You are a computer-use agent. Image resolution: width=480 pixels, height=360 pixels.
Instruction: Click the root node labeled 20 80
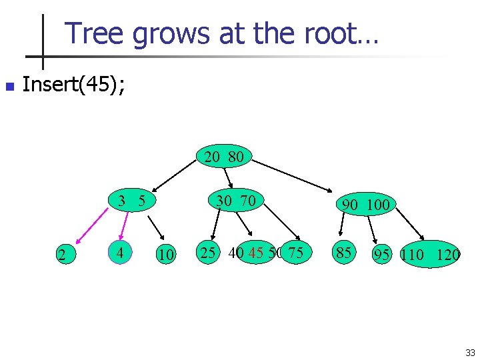point(224,157)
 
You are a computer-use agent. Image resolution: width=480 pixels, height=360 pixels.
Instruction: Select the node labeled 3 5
point(132,201)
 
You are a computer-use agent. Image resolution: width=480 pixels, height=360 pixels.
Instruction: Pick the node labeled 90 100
point(365,205)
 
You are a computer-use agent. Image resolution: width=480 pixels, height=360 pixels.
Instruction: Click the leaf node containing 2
point(62,255)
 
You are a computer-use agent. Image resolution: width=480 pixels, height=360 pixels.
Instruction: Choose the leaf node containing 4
point(119,253)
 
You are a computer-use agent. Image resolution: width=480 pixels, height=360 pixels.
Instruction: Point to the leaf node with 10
point(165,255)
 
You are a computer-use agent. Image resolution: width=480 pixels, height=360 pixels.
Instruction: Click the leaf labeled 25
point(208,253)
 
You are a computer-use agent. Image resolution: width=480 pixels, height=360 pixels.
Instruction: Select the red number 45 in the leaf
point(255,253)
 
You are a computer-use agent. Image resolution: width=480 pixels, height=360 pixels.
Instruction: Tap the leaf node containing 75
point(296,253)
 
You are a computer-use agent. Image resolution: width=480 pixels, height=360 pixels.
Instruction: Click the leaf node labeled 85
point(344,253)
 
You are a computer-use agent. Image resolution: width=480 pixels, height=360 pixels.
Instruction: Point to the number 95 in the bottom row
point(381,255)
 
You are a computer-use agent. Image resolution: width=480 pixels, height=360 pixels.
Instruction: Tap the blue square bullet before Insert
point(8,87)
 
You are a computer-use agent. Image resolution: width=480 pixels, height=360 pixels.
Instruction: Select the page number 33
point(470,352)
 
